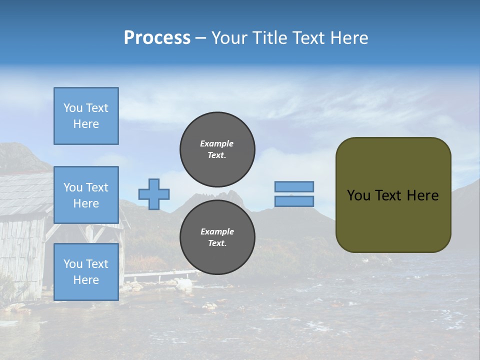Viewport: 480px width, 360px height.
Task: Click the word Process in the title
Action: click(157, 38)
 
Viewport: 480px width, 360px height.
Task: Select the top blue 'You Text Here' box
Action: click(86, 116)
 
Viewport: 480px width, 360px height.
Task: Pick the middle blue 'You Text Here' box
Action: click(86, 195)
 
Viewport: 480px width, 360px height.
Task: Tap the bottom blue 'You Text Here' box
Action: click(86, 272)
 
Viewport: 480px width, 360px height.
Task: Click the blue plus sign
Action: click(154, 194)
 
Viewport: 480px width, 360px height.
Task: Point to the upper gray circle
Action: click(217, 149)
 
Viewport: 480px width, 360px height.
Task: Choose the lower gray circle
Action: click(217, 237)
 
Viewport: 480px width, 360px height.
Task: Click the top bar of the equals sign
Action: click(294, 186)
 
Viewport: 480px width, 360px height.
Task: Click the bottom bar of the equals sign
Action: click(294, 201)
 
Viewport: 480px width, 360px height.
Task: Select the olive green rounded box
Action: click(393, 220)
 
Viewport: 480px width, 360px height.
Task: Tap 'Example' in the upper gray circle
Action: click(217, 143)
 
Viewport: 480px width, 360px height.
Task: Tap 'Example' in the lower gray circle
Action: click(217, 231)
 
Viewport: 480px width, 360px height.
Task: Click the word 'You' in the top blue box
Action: click(72, 108)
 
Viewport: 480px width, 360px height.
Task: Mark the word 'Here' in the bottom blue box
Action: click(86, 280)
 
